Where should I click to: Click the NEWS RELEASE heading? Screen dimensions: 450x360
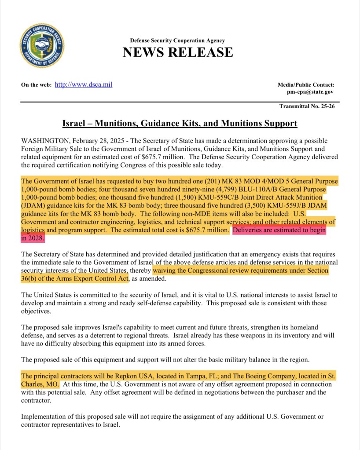coord(177,52)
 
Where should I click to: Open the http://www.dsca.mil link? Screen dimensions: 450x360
coord(83,84)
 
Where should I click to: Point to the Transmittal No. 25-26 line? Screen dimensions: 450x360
coord(307,106)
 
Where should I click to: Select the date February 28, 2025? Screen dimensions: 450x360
coord(99,141)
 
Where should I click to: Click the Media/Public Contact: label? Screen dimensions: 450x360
coord(306,84)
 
